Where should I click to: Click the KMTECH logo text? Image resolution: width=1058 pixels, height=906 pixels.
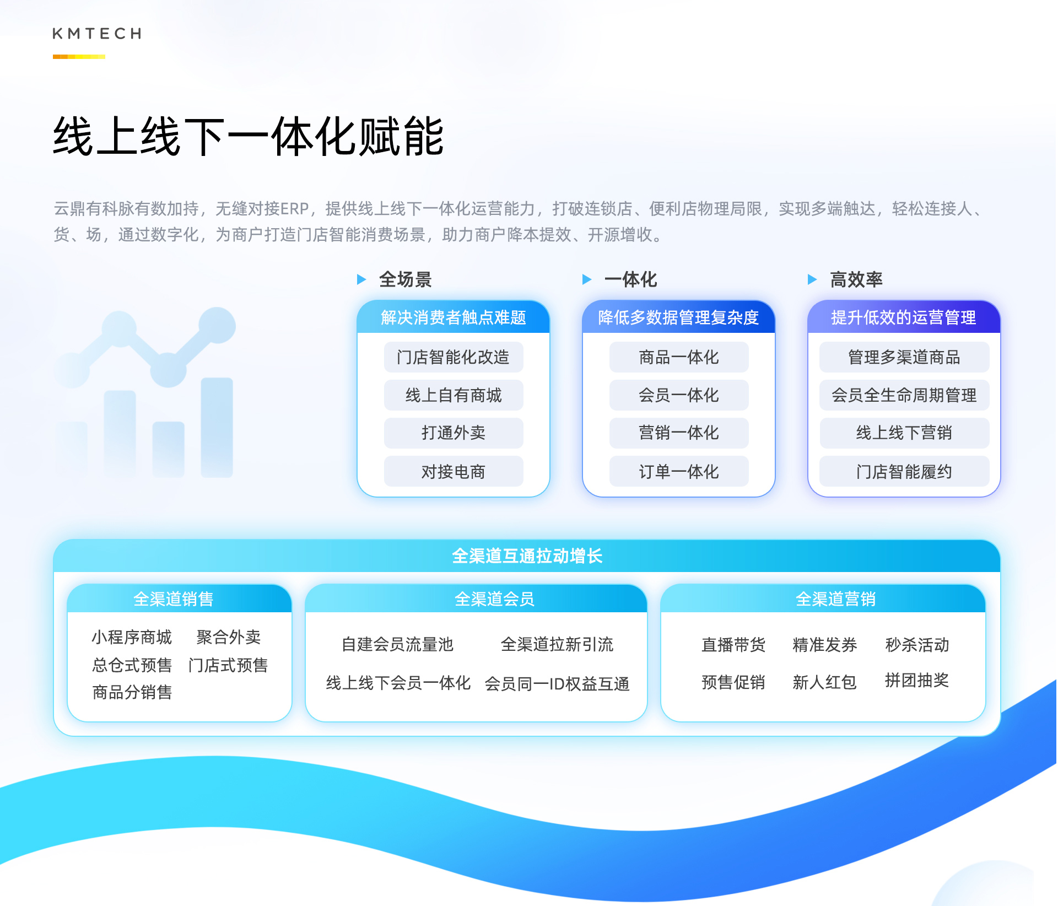[x=97, y=34]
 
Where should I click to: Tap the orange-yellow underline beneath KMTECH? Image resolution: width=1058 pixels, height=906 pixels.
[x=79, y=57]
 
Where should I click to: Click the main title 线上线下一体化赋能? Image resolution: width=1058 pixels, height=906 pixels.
[x=249, y=136]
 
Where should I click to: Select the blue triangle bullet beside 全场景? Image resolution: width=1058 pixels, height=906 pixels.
[x=361, y=279]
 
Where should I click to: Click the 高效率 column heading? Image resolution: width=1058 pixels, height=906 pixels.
[x=856, y=279]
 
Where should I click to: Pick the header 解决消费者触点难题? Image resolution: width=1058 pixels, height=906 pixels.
[x=454, y=317]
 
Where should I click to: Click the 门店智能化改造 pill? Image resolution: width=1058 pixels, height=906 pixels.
[x=454, y=357]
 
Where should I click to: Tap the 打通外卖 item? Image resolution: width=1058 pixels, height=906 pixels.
[x=454, y=433]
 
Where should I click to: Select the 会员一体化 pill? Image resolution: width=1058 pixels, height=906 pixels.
[x=679, y=395]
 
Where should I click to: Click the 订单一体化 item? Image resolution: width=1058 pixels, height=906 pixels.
[x=679, y=471]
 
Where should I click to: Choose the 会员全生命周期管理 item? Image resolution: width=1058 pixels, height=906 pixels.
[x=904, y=395]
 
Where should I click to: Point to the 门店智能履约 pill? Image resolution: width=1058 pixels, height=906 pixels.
[x=904, y=471]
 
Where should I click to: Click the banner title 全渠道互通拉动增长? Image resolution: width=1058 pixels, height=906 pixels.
[x=527, y=556]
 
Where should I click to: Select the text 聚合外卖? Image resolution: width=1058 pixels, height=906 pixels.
[x=229, y=637]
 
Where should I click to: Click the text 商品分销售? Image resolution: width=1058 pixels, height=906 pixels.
[x=132, y=692]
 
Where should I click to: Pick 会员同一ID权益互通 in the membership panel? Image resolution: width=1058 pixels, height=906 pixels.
[x=557, y=684]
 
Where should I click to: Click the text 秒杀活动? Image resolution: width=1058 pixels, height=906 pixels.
[x=917, y=644]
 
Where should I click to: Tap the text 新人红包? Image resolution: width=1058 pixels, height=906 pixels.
[x=825, y=682]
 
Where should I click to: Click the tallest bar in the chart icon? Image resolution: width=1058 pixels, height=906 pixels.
[x=217, y=427]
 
